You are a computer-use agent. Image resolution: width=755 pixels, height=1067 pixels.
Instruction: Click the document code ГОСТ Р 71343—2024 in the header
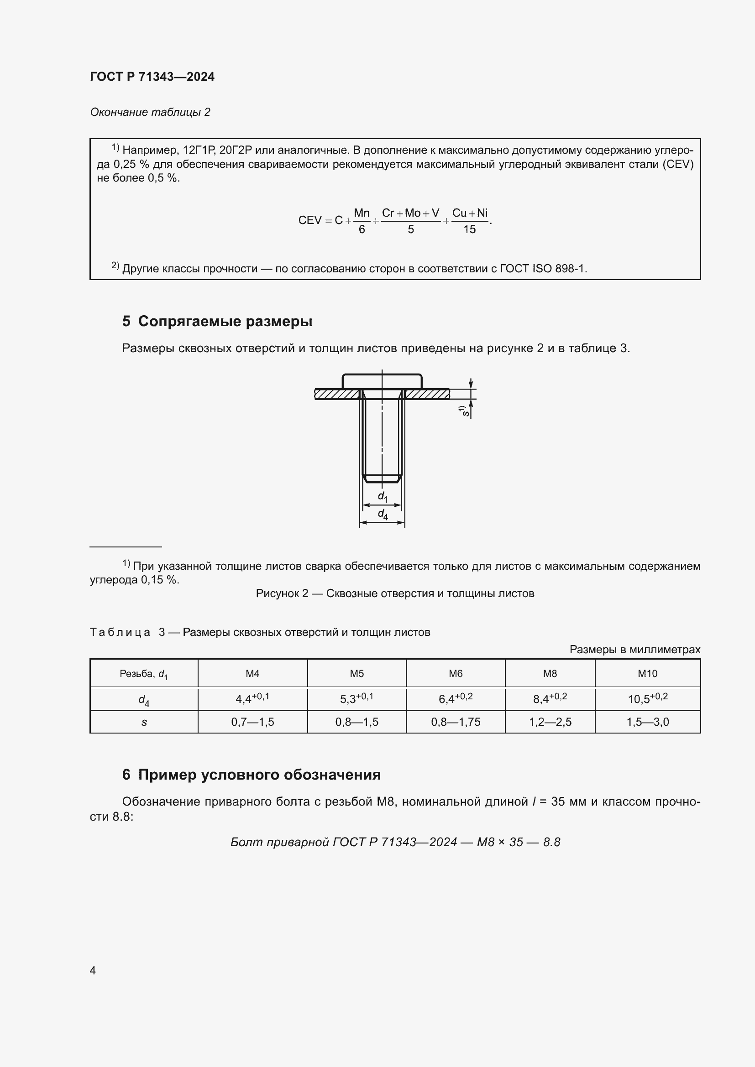tap(152, 77)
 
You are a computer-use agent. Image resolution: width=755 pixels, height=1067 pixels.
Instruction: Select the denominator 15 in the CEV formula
tap(469, 229)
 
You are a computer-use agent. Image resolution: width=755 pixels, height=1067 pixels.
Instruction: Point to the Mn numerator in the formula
tap(361, 213)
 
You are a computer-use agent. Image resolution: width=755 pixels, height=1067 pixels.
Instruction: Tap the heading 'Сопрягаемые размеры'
tap(225, 321)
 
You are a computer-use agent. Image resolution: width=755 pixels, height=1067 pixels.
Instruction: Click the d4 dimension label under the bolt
tap(383, 514)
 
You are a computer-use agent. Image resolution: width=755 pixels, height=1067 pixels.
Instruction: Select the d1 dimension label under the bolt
tap(382, 496)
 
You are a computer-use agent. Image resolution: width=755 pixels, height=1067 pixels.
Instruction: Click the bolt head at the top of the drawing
tap(382, 381)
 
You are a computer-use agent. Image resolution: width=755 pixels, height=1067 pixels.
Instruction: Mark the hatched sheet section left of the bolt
tap(337, 394)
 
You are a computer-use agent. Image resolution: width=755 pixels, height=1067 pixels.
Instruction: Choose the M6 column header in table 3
tap(455, 673)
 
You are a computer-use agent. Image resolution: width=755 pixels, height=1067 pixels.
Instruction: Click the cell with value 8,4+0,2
tap(550, 698)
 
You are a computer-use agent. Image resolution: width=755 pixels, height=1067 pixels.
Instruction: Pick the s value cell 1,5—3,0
tap(647, 722)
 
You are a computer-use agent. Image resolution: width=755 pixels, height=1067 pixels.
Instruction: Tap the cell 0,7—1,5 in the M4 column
tap(252, 722)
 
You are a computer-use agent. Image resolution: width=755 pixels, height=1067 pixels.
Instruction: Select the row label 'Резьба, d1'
tap(144, 674)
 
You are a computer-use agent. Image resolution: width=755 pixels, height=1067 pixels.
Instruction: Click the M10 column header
tap(647, 673)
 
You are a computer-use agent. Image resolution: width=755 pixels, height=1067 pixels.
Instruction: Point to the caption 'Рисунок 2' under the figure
tap(282, 593)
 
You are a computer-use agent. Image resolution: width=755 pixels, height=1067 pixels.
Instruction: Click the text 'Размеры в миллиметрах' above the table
tap(634, 650)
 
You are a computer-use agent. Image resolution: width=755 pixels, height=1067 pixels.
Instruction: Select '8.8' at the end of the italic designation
tap(551, 842)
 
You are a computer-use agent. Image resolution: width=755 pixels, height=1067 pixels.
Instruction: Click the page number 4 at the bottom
tap(93, 970)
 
